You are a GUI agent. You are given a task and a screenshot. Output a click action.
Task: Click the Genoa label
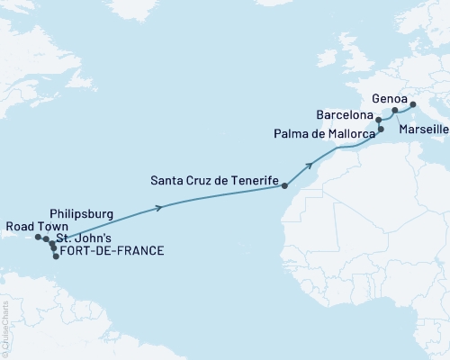(390, 98)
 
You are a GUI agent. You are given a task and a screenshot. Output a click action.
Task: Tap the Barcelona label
(346, 116)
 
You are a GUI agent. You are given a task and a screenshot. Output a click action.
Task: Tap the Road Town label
(33, 226)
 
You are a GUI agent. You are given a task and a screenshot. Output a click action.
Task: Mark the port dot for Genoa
(413, 105)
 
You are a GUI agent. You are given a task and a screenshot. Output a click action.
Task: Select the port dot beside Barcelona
(379, 119)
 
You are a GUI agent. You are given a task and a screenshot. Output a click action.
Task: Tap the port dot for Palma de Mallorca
(381, 130)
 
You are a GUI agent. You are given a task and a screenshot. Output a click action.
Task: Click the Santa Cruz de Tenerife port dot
(284, 187)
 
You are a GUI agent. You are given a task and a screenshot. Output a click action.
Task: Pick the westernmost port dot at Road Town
(39, 238)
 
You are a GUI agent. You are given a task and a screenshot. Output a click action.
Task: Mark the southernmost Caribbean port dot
(56, 256)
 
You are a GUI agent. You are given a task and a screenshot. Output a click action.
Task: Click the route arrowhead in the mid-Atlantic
(159, 208)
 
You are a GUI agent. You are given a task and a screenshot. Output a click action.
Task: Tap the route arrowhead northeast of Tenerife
(311, 165)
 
